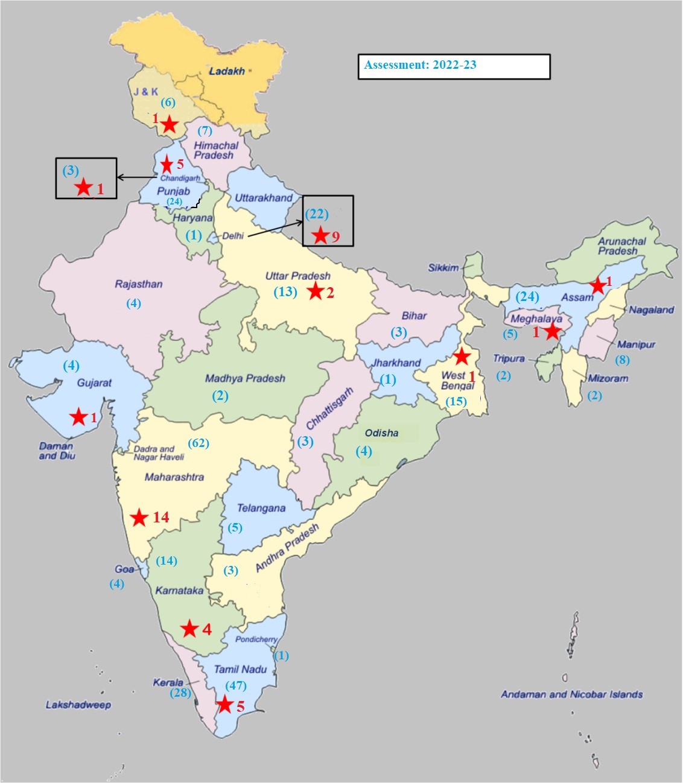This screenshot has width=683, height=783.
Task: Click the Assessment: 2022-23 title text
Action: pyautogui.click(x=421, y=65)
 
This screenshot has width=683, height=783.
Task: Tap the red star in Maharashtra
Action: pyautogui.click(x=139, y=518)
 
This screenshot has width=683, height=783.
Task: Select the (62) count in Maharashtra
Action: pyautogui.click(x=199, y=443)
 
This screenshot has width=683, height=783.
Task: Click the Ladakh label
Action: pyautogui.click(x=227, y=71)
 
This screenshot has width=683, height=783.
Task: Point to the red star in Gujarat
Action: pyautogui.click(x=78, y=417)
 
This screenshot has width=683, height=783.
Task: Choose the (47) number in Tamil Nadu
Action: pyautogui.click(x=236, y=686)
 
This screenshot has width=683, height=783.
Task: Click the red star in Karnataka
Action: pyautogui.click(x=189, y=629)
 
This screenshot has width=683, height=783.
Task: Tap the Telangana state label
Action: pyautogui.click(x=261, y=508)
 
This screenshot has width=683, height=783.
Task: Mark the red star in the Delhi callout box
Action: pyautogui.click(x=320, y=235)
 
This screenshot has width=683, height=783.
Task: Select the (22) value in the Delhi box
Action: pyautogui.click(x=317, y=214)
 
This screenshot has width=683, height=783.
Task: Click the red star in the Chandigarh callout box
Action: pyautogui.click(x=83, y=188)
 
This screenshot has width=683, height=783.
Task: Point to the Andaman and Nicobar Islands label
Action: pyautogui.click(x=571, y=694)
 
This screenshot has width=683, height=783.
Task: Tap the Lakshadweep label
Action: pyautogui.click(x=78, y=705)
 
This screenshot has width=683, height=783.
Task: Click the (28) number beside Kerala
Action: pyautogui.click(x=180, y=693)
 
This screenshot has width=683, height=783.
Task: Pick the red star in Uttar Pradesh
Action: pyautogui.click(x=315, y=292)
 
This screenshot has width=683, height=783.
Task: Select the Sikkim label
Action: pyautogui.click(x=443, y=268)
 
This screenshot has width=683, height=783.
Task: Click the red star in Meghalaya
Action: pyautogui.click(x=552, y=331)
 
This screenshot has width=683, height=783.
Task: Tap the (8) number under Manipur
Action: pyautogui.click(x=621, y=360)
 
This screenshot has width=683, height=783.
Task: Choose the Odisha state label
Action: pyautogui.click(x=381, y=433)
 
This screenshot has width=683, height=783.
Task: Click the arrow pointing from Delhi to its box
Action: pyautogui.click(x=275, y=229)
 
